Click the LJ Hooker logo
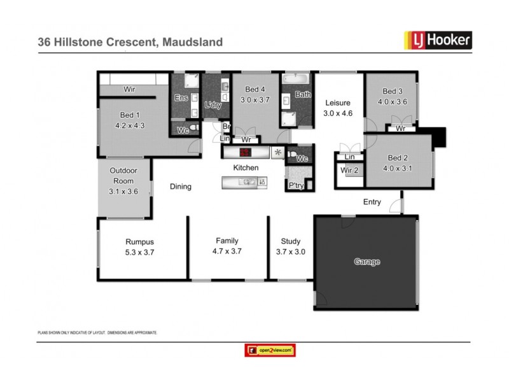point(438,41)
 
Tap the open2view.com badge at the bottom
point(270,350)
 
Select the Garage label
point(367,262)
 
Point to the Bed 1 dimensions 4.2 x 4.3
point(130,125)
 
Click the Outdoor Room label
point(122,176)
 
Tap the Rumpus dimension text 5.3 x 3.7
point(140,252)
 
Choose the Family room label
point(227,241)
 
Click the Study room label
point(290,241)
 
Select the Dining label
point(180,187)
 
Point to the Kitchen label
point(246,167)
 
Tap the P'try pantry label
point(296,185)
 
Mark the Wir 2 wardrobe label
point(350,170)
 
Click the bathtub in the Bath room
point(296,81)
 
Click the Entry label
point(372,202)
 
